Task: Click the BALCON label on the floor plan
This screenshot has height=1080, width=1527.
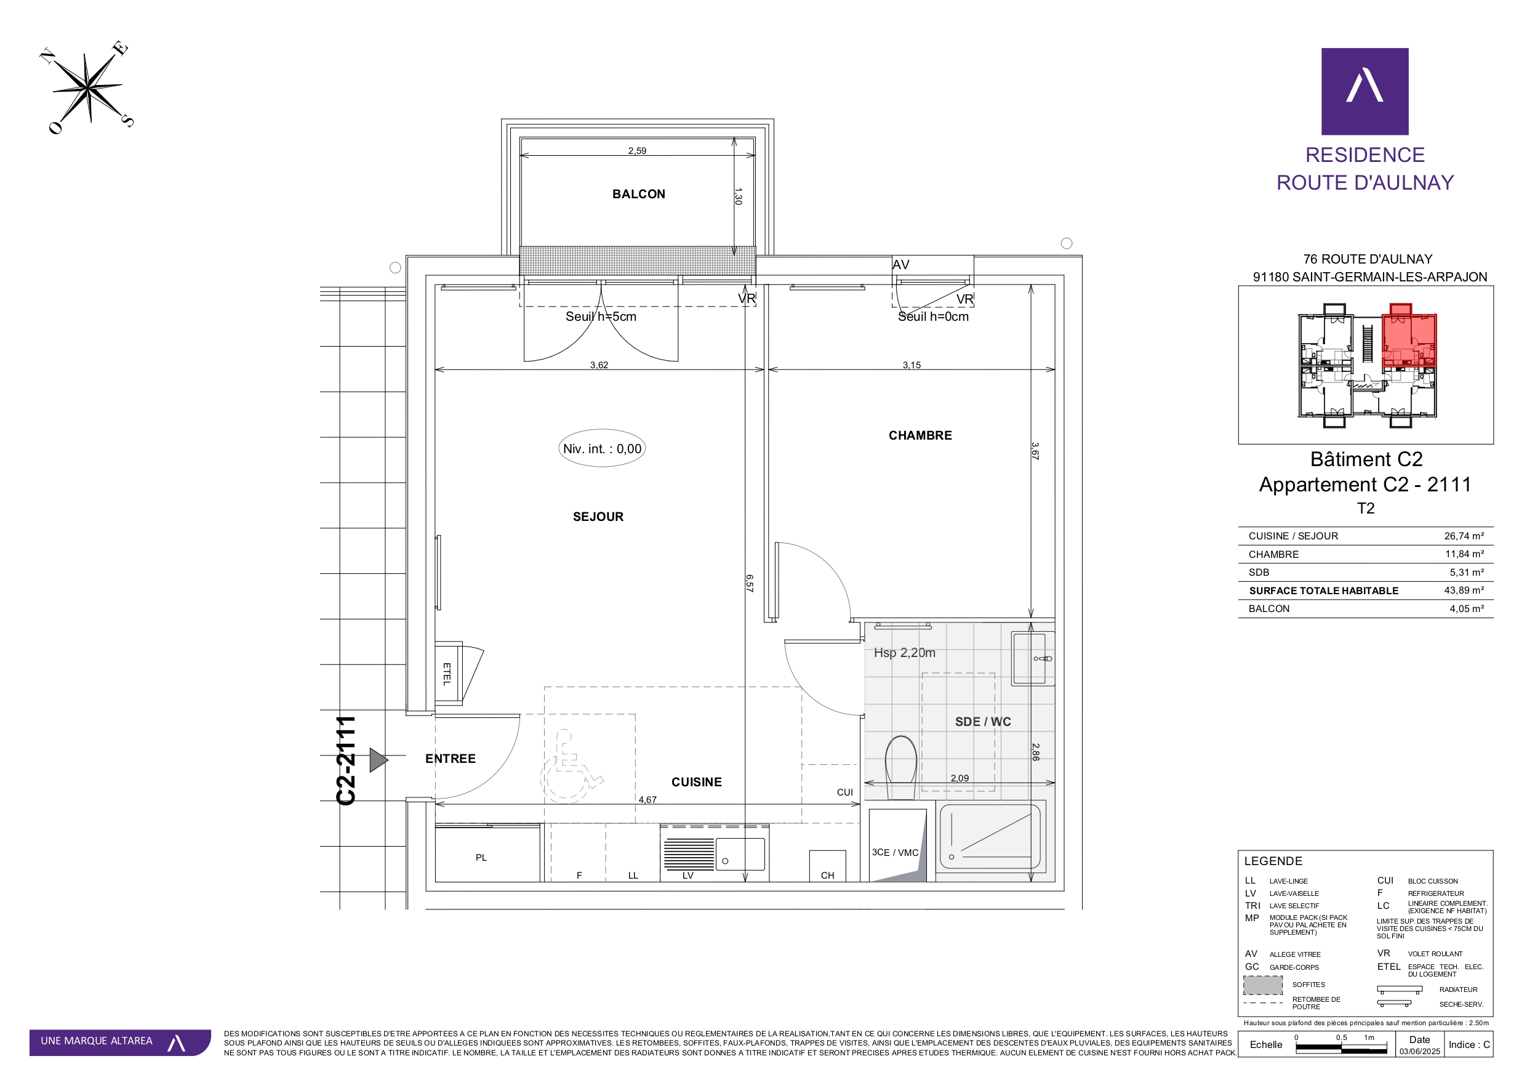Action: pos(638,195)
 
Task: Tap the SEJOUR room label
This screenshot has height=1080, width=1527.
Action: pos(598,517)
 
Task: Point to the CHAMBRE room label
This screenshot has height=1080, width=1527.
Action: pos(920,436)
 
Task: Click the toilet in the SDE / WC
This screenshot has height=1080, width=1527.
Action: pos(901,767)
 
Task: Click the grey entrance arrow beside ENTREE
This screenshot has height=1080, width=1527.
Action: pos(379,760)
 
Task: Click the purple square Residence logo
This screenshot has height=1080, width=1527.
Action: pos(1365,91)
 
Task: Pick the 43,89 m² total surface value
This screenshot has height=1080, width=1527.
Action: pos(1464,591)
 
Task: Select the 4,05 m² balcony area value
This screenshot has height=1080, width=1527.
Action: pos(1467,609)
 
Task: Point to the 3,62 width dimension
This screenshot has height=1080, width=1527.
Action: pos(599,365)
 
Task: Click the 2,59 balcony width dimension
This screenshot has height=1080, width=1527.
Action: pos(637,150)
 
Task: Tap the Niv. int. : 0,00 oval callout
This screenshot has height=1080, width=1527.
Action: pos(602,448)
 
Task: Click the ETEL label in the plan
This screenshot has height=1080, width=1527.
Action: pos(447,674)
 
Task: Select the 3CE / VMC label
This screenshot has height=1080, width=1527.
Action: pos(894,852)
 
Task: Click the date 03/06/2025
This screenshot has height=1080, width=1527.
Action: pos(1419,1052)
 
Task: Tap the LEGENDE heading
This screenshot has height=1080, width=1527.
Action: pos(1273,861)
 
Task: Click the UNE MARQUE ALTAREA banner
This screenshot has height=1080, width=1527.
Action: pos(120,1042)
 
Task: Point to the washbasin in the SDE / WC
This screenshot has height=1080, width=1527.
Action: pos(1033,659)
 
